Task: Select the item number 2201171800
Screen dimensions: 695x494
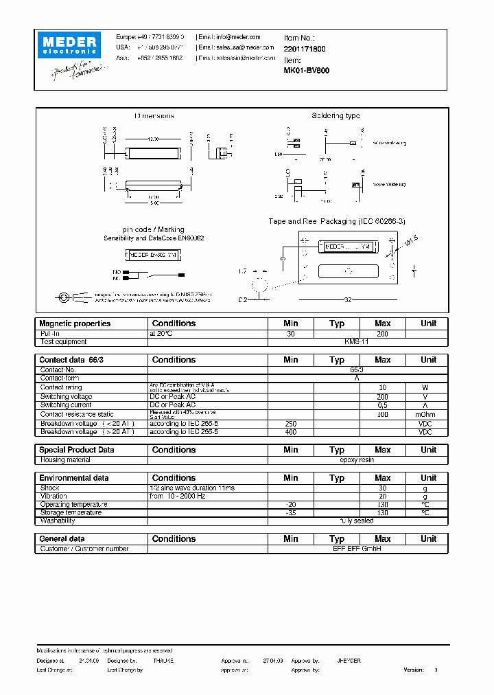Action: click(305, 49)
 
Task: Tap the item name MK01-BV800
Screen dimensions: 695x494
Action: click(306, 70)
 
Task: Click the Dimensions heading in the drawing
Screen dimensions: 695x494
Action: click(154, 116)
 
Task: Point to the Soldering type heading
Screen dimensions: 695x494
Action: click(336, 116)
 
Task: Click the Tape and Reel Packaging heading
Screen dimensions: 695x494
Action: click(336, 221)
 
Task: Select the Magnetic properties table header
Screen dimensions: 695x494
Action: click(75, 323)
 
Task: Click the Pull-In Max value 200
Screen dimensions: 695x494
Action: click(382, 333)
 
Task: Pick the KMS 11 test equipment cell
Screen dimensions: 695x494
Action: click(357, 341)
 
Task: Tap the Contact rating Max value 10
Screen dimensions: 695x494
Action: click(382, 387)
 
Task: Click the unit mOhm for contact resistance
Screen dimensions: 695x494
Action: click(428, 414)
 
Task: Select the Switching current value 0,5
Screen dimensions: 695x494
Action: click(382, 405)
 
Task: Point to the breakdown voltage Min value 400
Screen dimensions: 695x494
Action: click(290, 432)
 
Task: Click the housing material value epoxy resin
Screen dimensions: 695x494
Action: click(357, 459)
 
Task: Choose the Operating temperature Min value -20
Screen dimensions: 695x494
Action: click(290, 504)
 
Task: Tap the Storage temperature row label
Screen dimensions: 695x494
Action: click(71, 512)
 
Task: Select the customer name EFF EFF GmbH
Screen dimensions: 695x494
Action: click(357, 549)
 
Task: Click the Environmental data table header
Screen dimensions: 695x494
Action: click(74, 478)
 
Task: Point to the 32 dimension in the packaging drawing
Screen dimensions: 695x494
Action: click(348, 299)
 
